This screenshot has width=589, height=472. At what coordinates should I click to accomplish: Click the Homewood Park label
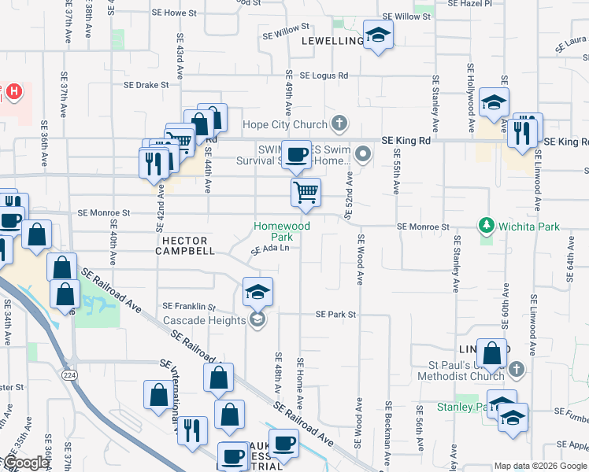pos(281,231)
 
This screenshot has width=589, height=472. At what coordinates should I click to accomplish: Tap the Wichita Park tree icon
pos(487,227)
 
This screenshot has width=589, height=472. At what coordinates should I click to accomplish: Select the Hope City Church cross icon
pos(339,124)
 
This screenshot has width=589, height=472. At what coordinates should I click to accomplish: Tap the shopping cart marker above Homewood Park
pos(306,191)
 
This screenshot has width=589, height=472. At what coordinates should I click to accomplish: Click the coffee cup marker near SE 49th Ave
pos(296,154)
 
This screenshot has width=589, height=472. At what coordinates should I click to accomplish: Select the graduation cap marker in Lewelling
pos(379,35)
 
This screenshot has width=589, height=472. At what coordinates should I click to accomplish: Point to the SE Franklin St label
pos(189,306)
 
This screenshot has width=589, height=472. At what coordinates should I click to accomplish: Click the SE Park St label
pos(336,315)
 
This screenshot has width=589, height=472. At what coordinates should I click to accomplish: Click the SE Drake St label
pos(146,85)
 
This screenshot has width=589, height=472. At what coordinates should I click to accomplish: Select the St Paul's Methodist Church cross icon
pos(516,368)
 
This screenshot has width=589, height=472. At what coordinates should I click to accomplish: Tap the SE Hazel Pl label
pos(469,4)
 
